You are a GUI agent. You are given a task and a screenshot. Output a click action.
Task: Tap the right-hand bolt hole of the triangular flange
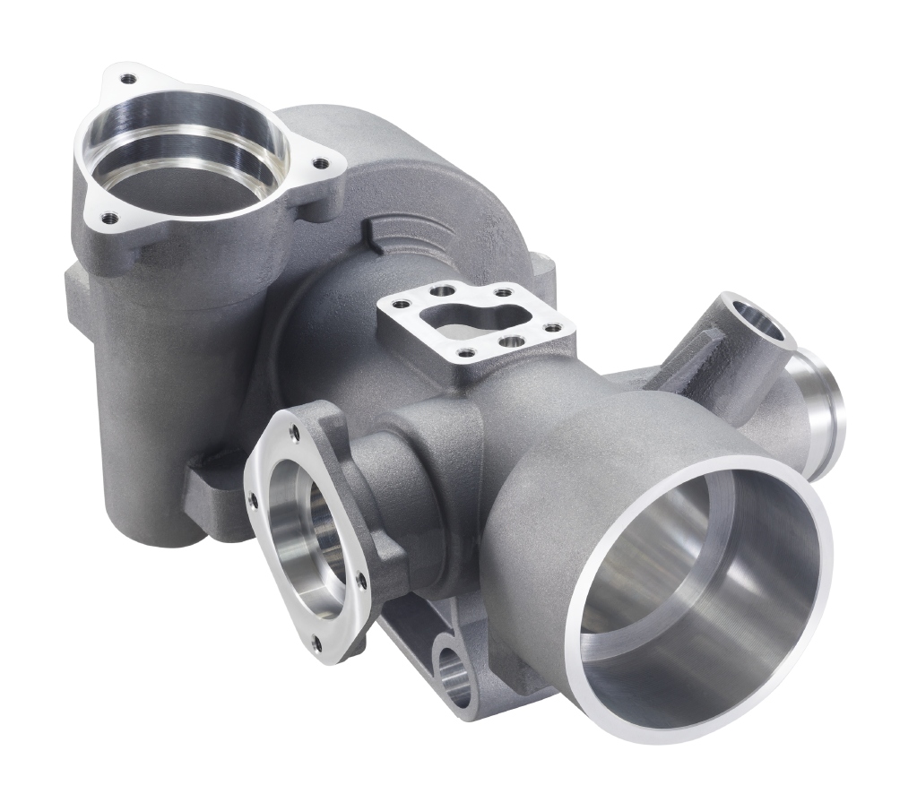(317, 163)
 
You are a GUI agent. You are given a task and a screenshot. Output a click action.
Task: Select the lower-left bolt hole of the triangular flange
(108, 216)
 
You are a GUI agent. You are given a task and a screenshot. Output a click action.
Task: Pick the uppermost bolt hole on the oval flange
(295, 431)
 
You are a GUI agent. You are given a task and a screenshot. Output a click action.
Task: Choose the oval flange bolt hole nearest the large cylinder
(360, 581)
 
